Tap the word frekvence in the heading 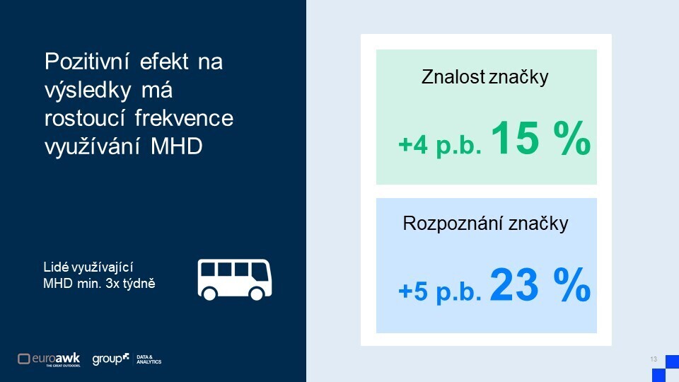184,118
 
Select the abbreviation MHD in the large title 177,146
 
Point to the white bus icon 235,279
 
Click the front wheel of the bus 256,294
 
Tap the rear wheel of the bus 209,294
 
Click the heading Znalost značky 485,78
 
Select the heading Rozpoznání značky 485,224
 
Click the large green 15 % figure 540,138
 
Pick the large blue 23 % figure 540,285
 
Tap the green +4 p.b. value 440,144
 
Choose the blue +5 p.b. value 440,291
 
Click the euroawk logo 49,359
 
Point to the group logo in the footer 110,359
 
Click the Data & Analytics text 149,359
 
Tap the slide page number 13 654,359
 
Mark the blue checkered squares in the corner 666,369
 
